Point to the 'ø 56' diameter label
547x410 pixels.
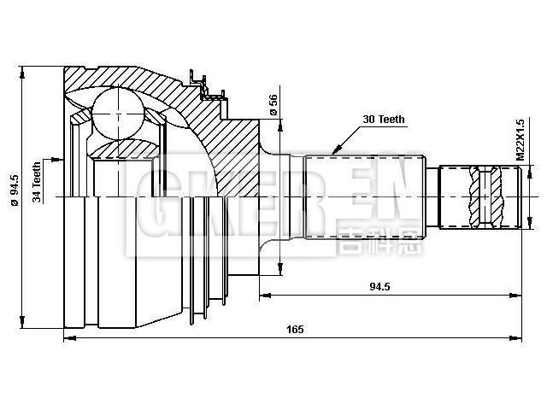tap(273, 103)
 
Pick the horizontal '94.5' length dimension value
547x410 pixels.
tap(380, 287)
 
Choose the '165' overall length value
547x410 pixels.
tap(296, 330)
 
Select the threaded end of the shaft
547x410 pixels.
tap(479, 196)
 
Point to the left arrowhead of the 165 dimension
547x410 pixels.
tap(68, 339)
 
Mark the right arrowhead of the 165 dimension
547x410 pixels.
tap(516, 339)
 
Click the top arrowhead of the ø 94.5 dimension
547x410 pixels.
tap(23, 68)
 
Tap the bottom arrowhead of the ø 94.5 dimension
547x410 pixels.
tap(23, 325)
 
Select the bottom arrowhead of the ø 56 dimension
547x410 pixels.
tap(279, 272)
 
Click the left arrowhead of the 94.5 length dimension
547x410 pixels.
tap(262, 296)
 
